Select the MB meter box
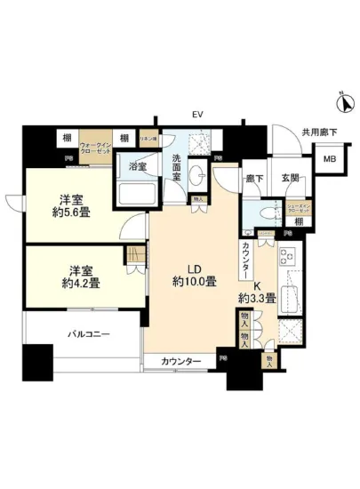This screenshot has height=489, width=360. [329, 160]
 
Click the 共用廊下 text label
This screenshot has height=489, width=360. [317, 132]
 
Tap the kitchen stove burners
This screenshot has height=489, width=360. [287, 259]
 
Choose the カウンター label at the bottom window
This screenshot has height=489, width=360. [181, 360]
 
